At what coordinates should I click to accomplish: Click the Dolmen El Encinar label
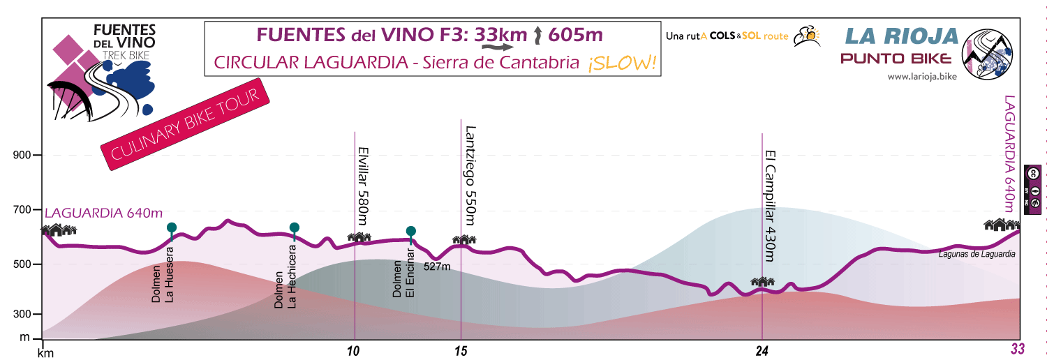pos(403,274)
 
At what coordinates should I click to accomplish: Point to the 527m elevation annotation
pos(437,266)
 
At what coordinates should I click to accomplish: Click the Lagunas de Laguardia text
pos(978,255)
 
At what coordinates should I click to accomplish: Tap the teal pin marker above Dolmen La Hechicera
pos(295,227)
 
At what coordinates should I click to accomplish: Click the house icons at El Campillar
pos(762,281)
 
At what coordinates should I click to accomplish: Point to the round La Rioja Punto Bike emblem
pos(987,52)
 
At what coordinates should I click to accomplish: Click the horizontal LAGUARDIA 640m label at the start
pos(104,213)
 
